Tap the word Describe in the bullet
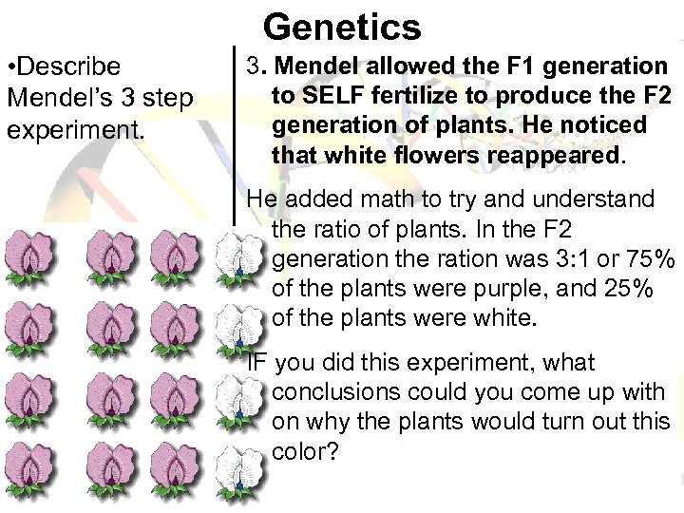pyautogui.click(x=73, y=66)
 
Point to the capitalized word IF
pyautogui.click(x=256, y=362)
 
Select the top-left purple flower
pyautogui.click(x=29, y=256)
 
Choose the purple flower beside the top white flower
pyautogui.click(x=177, y=256)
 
